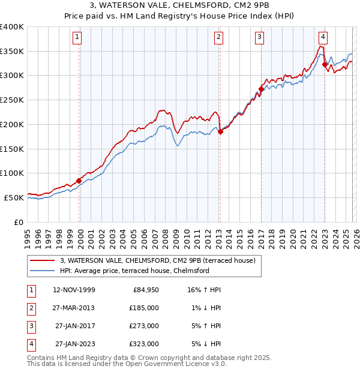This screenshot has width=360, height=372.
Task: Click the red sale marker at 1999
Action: [79, 180]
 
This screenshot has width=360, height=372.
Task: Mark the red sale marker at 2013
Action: [220, 131]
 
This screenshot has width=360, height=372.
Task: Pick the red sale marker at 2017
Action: [260, 89]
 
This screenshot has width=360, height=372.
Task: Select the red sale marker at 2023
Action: [325, 64]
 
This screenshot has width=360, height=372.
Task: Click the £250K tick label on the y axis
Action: [11, 100]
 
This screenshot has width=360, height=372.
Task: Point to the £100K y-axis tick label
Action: [11, 173]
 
